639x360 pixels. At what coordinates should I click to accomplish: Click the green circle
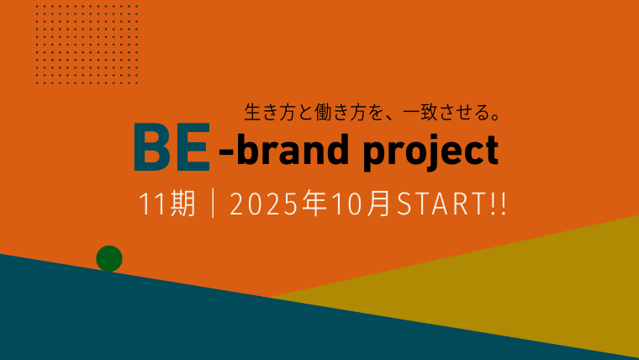point(109,258)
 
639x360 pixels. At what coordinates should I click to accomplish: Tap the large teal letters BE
point(172,147)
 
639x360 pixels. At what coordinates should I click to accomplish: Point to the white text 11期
point(167,204)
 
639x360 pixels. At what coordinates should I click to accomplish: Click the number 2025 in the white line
point(264,204)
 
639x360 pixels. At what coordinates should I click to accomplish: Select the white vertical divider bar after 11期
point(213,204)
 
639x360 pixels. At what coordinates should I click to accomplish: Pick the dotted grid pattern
point(87,45)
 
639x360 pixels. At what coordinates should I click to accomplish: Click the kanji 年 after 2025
point(314,204)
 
